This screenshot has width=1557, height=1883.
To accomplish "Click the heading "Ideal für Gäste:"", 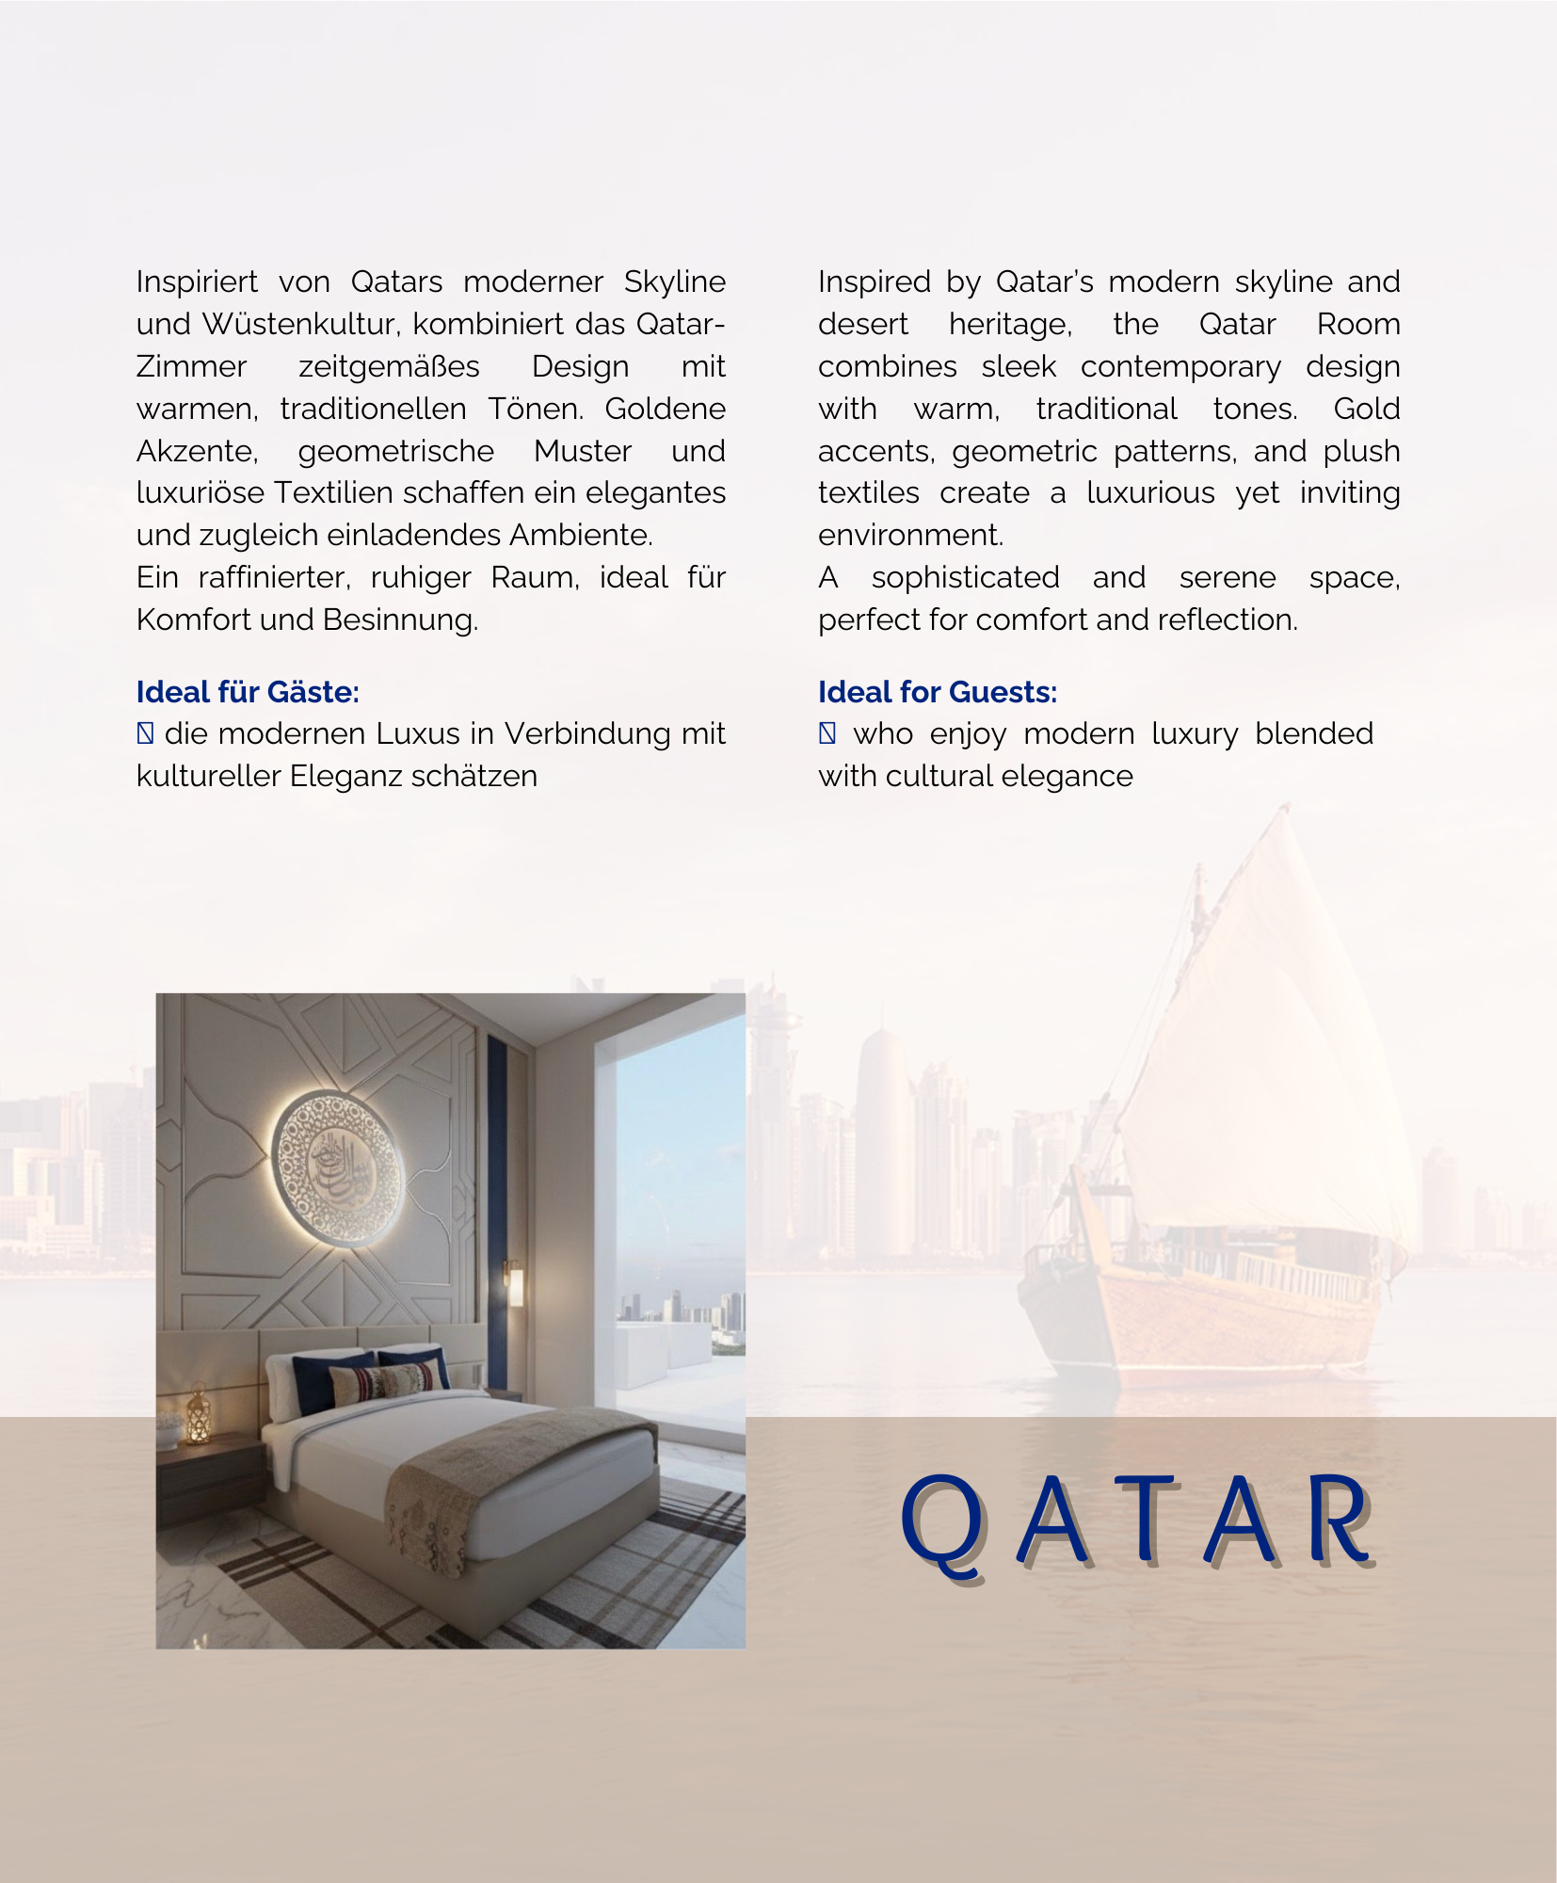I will (x=248, y=692).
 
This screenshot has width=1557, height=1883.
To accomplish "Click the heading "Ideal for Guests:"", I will (x=937, y=692).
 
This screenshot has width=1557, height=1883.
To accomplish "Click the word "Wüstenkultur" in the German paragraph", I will (x=301, y=324).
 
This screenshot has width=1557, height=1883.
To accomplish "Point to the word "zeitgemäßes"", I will (x=389, y=366).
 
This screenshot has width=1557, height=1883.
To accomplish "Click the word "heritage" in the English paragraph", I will (x=1009, y=324).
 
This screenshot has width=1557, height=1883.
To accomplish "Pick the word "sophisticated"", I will (x=965, y=577).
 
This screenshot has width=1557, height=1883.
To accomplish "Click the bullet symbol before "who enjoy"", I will (x=827, y=733).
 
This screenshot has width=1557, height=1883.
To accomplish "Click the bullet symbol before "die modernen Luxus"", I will (x=145, y=733).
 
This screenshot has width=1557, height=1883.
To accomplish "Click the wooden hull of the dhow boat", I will (x=1214, y=1318).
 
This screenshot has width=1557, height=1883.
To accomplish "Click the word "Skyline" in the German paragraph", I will (x=674, y=282).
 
